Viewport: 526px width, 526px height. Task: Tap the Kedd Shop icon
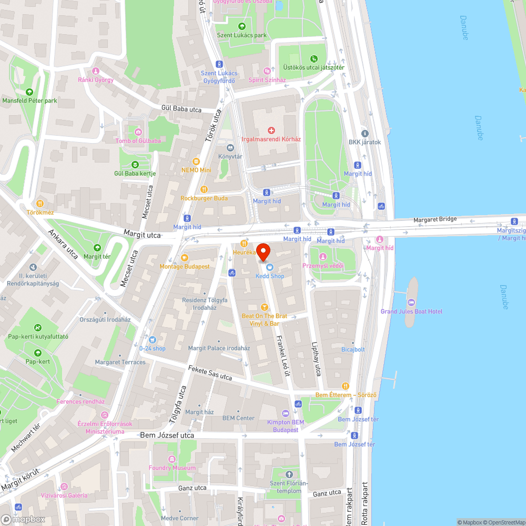[x=270, y=267]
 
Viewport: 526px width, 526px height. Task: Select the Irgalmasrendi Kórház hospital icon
[x=271, y=130]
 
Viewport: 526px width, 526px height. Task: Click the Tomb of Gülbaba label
[x=138, y=140]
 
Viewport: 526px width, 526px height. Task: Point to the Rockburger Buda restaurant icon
[x=204, y=189]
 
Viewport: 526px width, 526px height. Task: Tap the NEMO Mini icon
[x=196, y=161]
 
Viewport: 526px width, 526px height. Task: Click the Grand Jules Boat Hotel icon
[x=411, y=302]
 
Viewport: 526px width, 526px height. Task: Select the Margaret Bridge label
[x=435, y=219]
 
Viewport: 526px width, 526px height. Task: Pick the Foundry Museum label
[x=172, y=468]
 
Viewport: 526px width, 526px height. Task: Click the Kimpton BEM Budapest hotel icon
[x=286, y=413]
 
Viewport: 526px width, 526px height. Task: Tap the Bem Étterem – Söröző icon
[x=346, y=386]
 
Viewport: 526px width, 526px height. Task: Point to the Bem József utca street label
[x=167, y=436]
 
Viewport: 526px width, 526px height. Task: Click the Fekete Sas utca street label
[x=210, y=373]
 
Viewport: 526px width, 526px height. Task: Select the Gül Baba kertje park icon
[x=135, y=165]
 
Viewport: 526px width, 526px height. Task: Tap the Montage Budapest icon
[x=184, y=258]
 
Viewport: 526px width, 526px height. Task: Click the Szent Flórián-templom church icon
[x=288, y=475]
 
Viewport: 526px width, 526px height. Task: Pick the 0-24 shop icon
[x=152, y=340]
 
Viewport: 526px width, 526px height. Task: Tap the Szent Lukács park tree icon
[x=242, y=26]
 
